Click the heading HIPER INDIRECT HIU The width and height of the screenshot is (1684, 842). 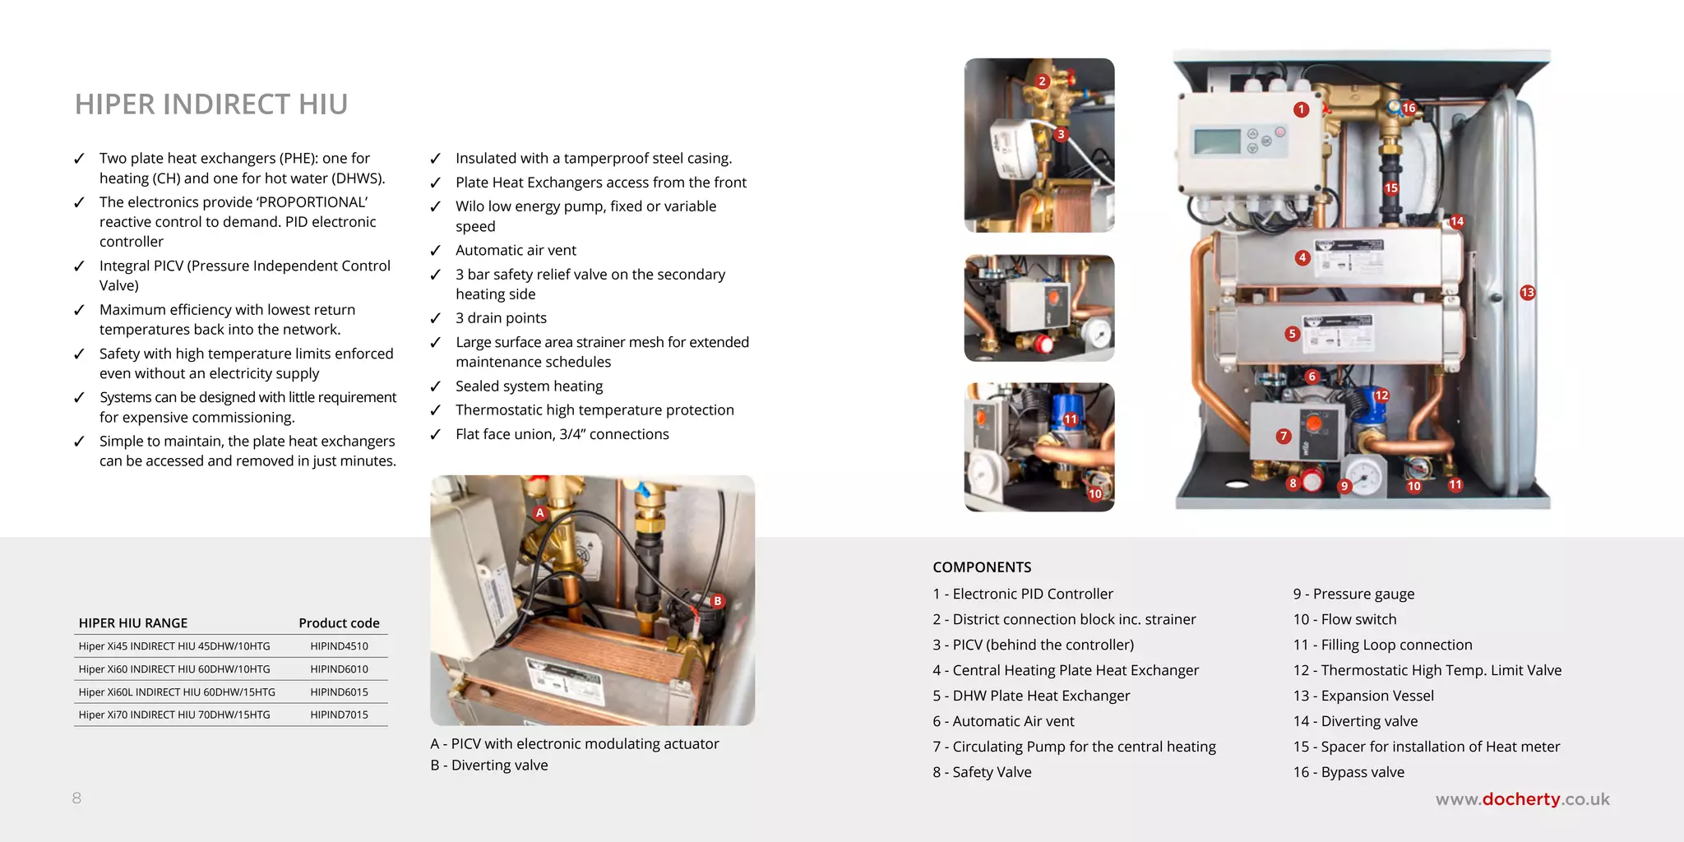click(211, 104)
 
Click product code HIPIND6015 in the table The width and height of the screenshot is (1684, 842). click(339, 692)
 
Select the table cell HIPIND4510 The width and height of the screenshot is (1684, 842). click(339, 646)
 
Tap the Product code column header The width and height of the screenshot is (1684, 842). click(339, 623)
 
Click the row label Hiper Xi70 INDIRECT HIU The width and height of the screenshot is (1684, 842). click(174, 715)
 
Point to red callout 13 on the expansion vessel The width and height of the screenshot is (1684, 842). click(1527, 293)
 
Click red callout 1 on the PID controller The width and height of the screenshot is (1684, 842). click(1301, 109)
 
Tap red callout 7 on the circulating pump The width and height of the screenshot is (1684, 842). click(1284, 437)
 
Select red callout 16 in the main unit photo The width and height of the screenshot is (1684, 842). click(1409, 108)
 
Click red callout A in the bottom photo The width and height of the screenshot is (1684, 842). click(540, 513)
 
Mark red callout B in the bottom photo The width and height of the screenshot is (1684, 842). click(717, 601)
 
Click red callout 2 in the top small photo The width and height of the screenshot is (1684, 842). click(1042, 81)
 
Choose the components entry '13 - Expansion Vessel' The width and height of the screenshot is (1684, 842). click(1363, 696)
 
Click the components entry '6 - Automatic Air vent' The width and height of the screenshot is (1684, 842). click(1003, 721)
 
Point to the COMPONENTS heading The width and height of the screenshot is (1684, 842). click(982, 567)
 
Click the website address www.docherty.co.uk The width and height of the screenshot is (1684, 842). click(1522, 799)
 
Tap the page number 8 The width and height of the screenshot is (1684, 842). click(76, 798)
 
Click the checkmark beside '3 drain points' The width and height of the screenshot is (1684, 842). click(436, 319)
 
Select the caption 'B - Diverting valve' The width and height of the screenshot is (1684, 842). click(488, 766)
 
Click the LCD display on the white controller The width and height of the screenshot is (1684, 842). click(1217, 141)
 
